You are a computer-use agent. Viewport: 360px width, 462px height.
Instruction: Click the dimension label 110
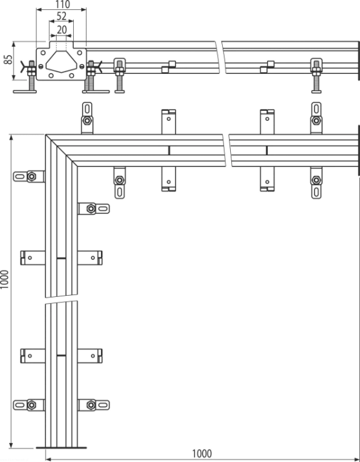pos(62,4)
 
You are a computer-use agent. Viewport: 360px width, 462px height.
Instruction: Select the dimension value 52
pos(62,16)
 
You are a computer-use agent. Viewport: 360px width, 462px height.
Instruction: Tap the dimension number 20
pos(62,30)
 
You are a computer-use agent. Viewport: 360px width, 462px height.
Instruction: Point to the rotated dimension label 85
pos(9,60)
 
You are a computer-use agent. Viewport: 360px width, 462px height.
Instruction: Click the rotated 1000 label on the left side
pos(5,280)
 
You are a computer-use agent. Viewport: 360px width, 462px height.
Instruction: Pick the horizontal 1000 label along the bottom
pos(202,453)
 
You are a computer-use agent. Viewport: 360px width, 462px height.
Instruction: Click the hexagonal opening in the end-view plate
pos(61,62)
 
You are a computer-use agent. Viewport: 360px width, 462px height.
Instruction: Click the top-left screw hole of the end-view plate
pos(43,53)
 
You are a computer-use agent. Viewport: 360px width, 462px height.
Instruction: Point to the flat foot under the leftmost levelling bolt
pos(25,92)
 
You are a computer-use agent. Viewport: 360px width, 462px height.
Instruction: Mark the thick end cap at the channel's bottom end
pos(61,448)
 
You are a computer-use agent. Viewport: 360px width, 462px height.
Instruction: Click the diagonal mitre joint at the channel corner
pos(62,150)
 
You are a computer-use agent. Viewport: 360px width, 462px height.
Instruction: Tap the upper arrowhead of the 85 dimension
pos(14,44)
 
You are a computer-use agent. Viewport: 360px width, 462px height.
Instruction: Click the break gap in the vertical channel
pos(61,299)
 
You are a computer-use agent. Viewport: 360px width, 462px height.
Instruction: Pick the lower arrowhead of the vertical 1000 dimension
pos(11,445)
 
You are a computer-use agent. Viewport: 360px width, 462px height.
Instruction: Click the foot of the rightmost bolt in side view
pos(316,92)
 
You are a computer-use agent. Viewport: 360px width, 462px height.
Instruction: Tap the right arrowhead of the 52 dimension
pos(71,21)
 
